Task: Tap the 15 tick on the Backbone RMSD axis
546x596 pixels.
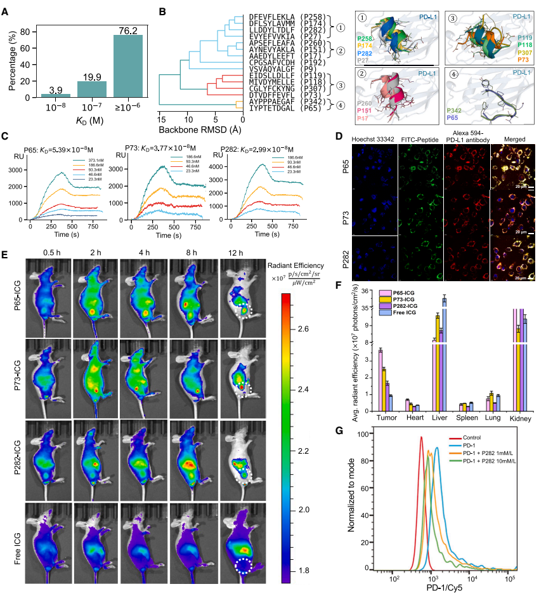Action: pyautogui.click(x=163, y=119)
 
